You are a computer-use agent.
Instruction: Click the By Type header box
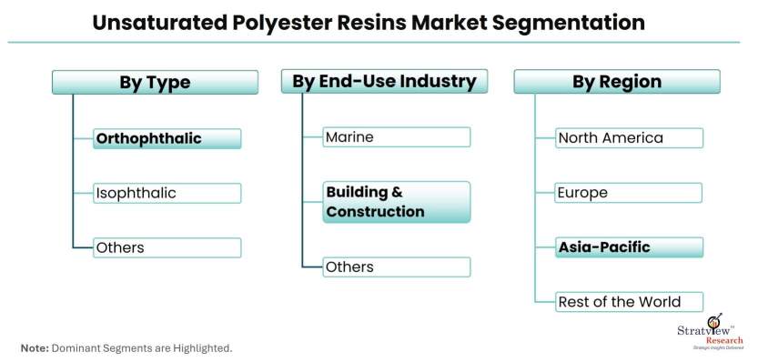pos(155,82)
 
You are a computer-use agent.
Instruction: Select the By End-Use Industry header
pos(384,81)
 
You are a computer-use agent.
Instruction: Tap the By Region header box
pos(617,82)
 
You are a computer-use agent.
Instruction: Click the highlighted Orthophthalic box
pos(167,139)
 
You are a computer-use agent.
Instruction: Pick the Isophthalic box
pos(167,194)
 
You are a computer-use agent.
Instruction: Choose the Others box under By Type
pos(167,248)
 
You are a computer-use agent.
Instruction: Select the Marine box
pos(397,137)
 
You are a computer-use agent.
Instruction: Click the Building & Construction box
pos(397,202)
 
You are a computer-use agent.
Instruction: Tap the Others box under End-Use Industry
pos(397,267)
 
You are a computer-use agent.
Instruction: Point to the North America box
pos(629,138)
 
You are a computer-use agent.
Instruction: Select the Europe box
pos(629,193)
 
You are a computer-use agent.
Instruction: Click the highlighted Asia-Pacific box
pos(629,247)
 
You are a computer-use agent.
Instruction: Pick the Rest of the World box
pos(629,302)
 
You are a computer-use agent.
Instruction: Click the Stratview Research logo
pos(710,332)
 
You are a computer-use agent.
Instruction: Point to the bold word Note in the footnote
pos(35,348)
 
